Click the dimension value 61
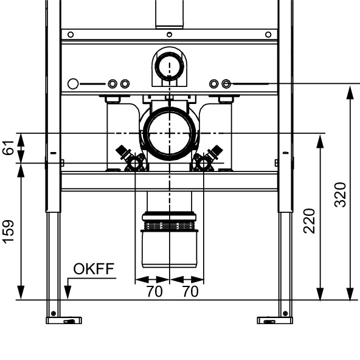pos(9,148)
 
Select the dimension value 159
pos(9,232)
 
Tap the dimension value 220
pos(309,221)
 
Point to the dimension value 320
pos(340,195)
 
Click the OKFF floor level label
pos(94,269)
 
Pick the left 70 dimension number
pos(154,291)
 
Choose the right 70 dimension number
pos(190,291)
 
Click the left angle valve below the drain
pos(131,159)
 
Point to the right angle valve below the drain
pos(207,159)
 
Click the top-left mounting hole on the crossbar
pos(71,35)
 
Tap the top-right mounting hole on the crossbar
pos(268,35)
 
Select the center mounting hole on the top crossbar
pos(169,35)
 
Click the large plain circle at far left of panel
pos(73,84)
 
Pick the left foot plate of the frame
pos(64,320)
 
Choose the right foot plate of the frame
pos(275,320)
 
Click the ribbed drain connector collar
pos(169,226)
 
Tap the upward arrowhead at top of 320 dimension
pos(350,93)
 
